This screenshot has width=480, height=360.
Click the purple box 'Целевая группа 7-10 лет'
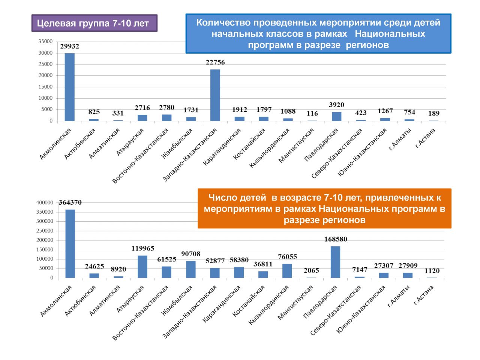click(x=94, y=23)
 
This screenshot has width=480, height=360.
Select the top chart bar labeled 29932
click(x=70, y=87)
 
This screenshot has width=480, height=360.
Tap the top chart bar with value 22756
click(x=215, y=95)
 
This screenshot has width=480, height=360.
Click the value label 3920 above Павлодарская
click(x=336, y=105)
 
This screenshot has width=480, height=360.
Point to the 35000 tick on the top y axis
click(x=45, y=42)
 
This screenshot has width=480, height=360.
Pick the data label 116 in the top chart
click(x=312, y=113)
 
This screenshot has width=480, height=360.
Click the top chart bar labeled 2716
click(x=142, y=118)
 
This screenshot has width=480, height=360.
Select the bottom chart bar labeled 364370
click(x=70, y=244)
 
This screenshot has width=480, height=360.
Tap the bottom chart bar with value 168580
click(x=335, y=262)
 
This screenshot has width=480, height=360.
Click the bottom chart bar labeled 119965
click(x=142, y=267)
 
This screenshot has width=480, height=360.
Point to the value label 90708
click(x=191, y=254)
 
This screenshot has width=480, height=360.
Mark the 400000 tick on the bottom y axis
click(x=45, y=202)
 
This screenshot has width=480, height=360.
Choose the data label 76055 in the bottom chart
click(x=287, y=257)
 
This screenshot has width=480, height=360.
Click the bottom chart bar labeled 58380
click(x=239, y=273)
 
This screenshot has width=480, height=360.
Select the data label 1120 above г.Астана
click(x=432, y=271)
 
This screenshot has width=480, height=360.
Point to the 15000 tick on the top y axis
click(x=45, y=87)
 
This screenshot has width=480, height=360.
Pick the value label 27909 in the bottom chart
click(x=408, y=266)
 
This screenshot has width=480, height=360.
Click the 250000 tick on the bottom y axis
click(x=45, y=231)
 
